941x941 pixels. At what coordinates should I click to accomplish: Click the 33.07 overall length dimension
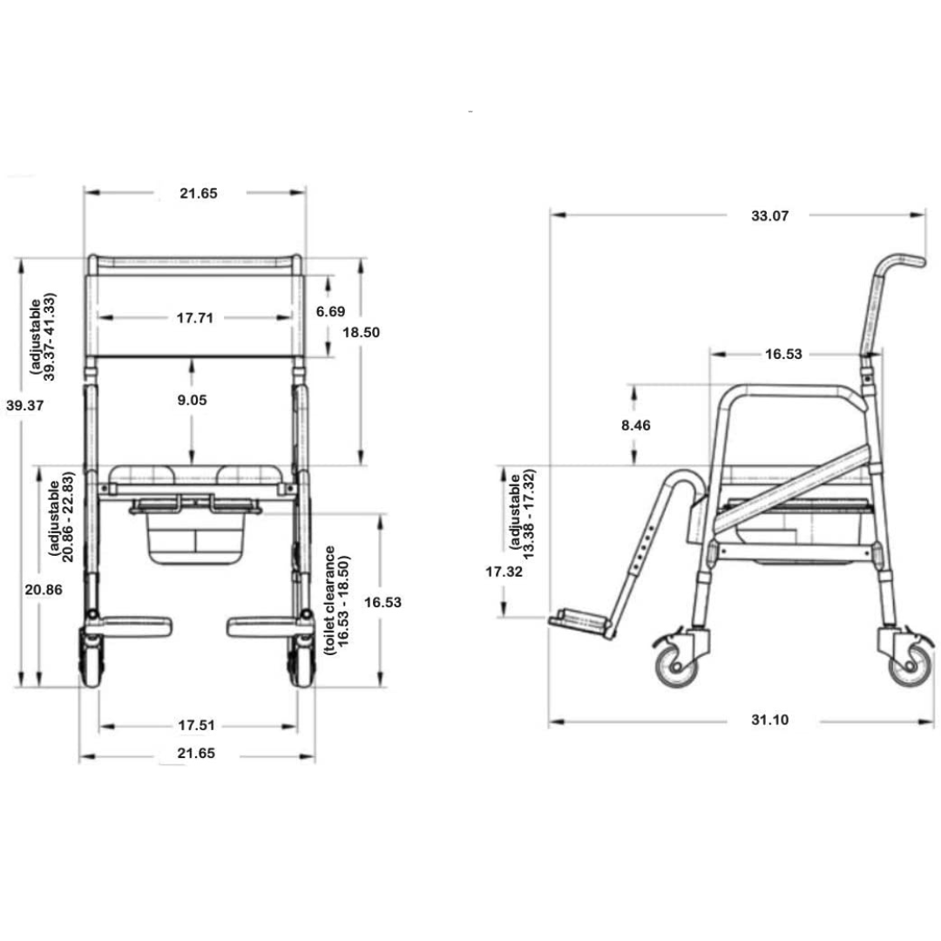point(769,216)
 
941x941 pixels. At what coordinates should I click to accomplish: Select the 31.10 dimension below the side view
point(769,720)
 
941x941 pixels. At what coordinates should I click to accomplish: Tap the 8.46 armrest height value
point(635,425)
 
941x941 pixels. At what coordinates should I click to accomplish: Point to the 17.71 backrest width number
point(195,318)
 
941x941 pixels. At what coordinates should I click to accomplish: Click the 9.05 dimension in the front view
point(193,400)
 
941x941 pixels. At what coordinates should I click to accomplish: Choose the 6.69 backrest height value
point(330,311)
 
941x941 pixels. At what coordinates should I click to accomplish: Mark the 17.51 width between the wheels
point(197,725)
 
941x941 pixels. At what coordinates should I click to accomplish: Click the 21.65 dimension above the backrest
point(198,193)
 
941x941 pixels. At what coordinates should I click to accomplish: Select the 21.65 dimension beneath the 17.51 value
point(197,754)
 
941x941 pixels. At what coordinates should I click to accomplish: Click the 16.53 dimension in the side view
point(783,354)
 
